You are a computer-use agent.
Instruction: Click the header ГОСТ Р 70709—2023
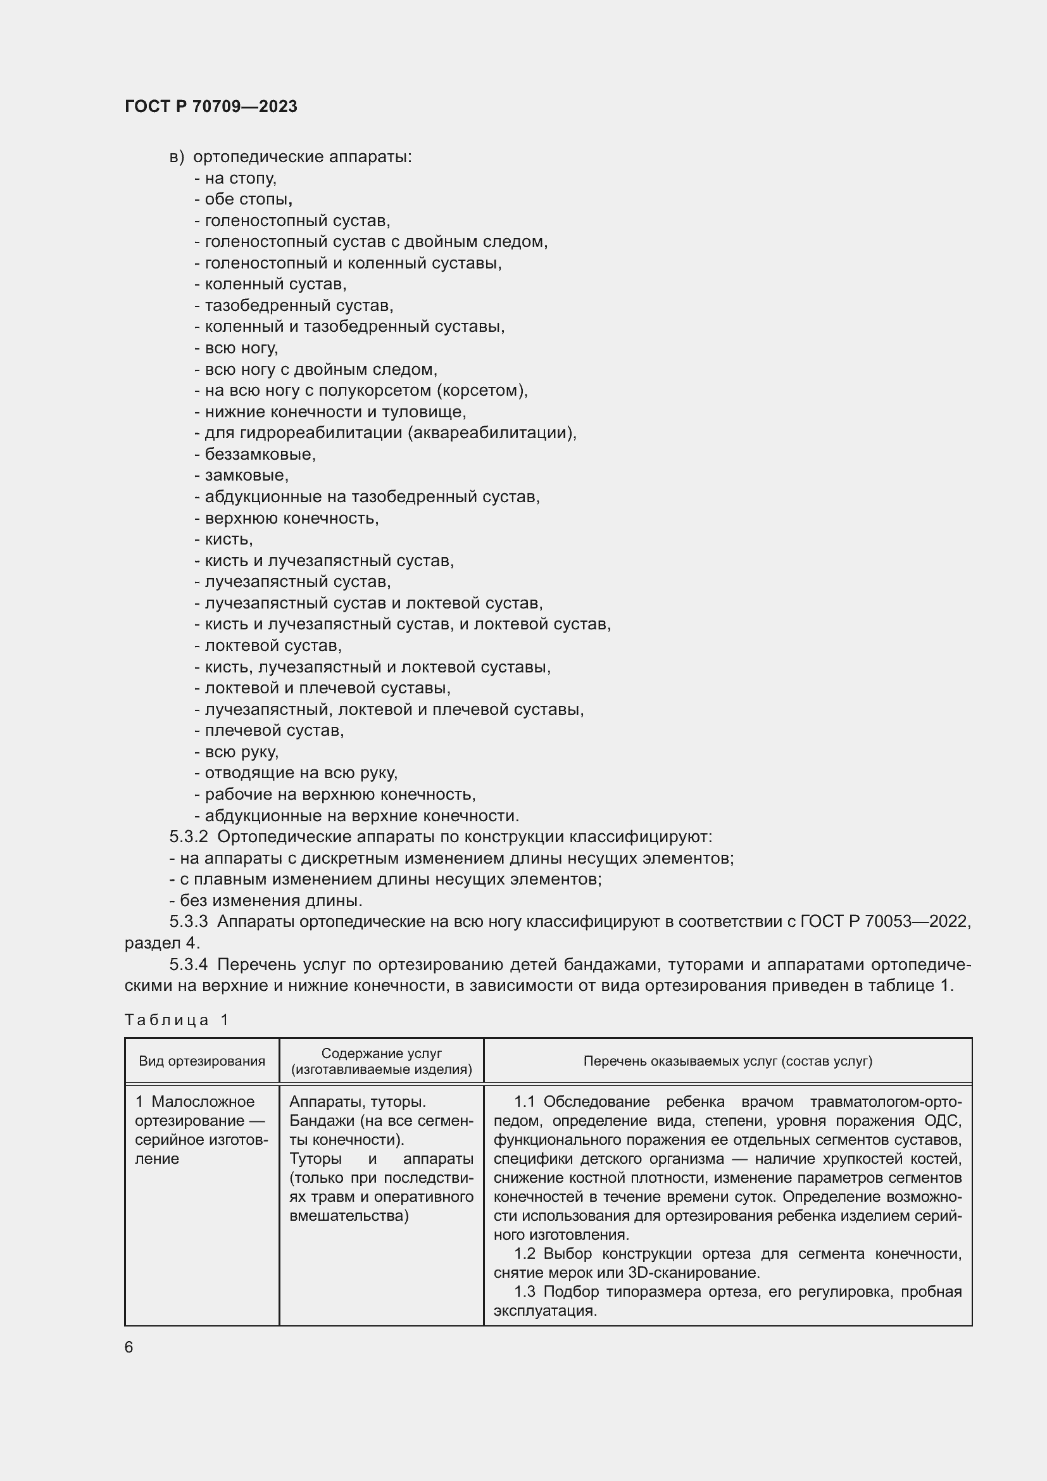point(211,106)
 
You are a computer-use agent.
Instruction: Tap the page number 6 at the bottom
point(129,1347)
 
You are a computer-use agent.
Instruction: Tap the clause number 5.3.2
point(188,837)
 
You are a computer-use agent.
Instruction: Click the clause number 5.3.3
point(188,922)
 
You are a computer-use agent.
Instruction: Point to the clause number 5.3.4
point(188,964)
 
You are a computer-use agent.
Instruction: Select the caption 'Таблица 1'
point(177,1020)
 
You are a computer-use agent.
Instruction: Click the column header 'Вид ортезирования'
point(202,1061)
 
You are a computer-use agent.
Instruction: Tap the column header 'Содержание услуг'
point(381,1054)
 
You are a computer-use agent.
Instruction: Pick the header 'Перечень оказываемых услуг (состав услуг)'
point(727,1061)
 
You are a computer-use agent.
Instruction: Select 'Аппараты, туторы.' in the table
point(357,1102)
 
